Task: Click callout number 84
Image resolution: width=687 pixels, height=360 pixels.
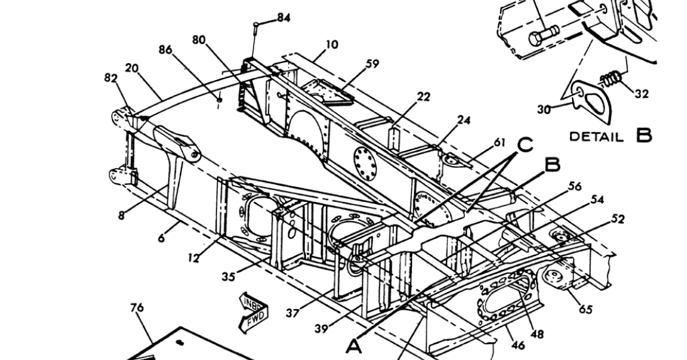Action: [x=284, y=18]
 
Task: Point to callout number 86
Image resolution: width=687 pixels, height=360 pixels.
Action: [x=165, y=50]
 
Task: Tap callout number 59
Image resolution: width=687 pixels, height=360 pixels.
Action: [x=372, y=64]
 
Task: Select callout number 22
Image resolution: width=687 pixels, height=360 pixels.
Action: [x=423, y=96]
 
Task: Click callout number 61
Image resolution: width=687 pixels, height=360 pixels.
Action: [x=500, y=142]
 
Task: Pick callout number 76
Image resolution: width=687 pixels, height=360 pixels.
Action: [x=137, y=308]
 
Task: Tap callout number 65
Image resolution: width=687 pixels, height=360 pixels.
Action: [x=586, y=309]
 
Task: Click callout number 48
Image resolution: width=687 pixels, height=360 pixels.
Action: [x=537, y=335]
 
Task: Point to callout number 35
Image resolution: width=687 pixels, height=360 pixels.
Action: [x=228, y=277]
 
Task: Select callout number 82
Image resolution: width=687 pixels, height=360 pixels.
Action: [x=111, y=78]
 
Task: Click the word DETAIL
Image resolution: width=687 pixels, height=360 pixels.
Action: [x=596, y=137]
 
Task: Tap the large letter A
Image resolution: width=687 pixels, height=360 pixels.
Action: [x=354, y=346]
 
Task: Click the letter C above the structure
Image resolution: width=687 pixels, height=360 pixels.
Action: [x=525, y=145]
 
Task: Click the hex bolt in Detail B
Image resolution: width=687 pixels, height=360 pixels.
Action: [x=544, y=35]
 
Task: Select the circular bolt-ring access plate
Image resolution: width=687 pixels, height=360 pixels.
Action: [x=365, y=163]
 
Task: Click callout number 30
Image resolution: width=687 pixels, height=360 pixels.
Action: [x=544, y=109]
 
